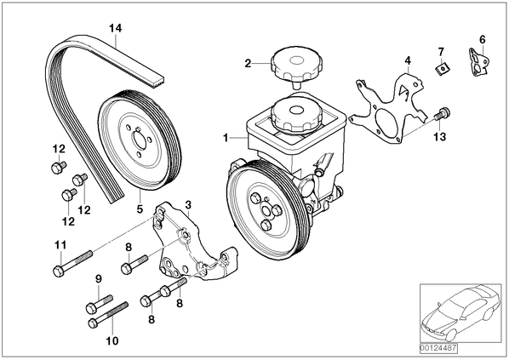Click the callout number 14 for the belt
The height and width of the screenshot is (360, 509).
coord(115,29)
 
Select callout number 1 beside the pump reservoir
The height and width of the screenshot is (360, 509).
coord(226,138)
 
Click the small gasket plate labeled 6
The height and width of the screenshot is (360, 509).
coord(479,63)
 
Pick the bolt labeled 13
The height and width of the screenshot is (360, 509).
coord(442,114)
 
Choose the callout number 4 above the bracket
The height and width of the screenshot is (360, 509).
coord(408,60)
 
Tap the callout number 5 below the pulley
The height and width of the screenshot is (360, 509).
coord(140,209)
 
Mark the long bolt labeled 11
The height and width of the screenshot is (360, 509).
coord(72,262)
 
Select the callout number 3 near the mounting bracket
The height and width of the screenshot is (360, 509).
coord(188,205)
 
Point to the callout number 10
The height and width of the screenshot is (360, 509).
coord(112,340)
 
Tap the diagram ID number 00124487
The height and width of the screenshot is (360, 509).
coord(438,348)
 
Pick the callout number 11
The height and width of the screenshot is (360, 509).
coord(60,245)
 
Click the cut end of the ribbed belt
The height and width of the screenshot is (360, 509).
coord(158,82)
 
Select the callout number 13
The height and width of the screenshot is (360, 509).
coord(440,137)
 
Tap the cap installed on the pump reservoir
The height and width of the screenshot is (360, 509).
coord(295,114)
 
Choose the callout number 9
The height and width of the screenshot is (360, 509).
coord(99,278)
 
